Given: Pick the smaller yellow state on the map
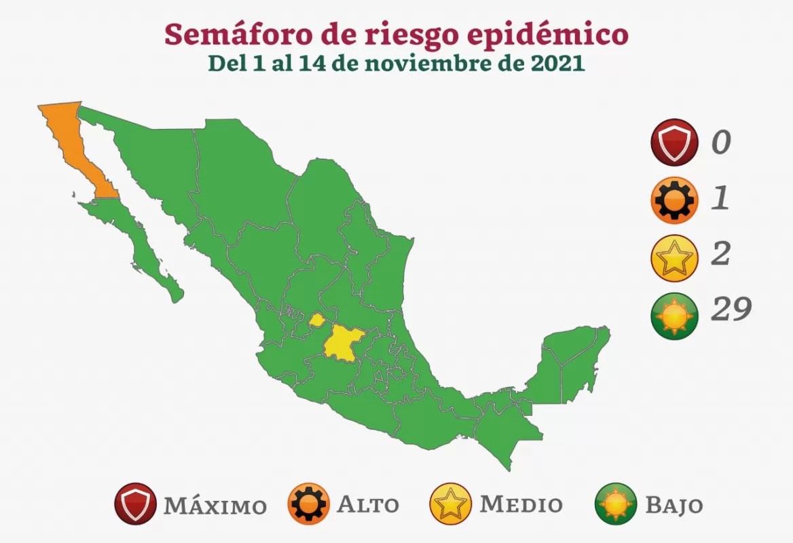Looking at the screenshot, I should pos(316,319).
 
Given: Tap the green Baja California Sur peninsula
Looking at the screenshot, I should pos(139,244).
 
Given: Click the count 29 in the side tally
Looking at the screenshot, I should pos(731,310).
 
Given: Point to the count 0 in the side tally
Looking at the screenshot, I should pos(721,143).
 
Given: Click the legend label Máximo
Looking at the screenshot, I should pos(215,506).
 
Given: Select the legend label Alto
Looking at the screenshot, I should pos(368,505).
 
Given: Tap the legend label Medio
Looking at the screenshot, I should pos(521,505).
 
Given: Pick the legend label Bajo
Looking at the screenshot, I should pos(674,506).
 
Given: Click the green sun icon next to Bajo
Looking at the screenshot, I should pos(616,504).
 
